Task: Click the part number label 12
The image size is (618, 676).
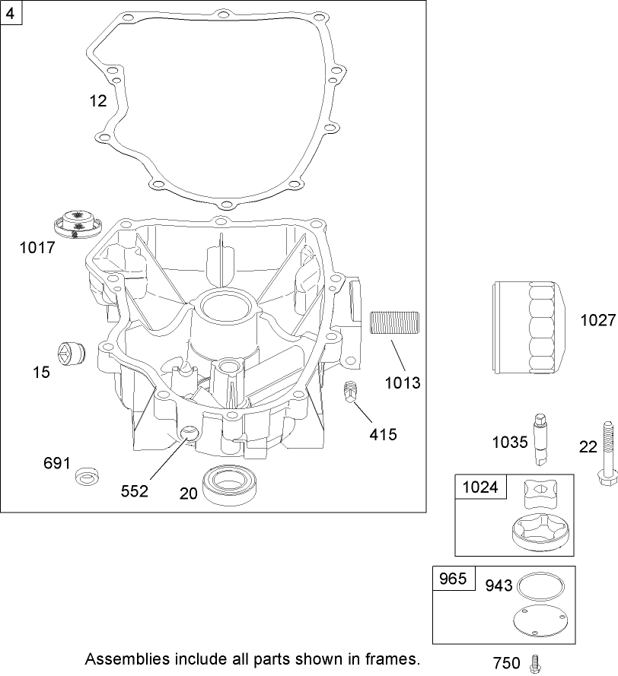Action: [97, 101]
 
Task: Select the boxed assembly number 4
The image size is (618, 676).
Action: [10, 13]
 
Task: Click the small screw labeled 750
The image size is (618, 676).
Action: [535, 662]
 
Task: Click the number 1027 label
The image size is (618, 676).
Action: [597, 320]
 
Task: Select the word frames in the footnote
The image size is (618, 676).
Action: [393, 658]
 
